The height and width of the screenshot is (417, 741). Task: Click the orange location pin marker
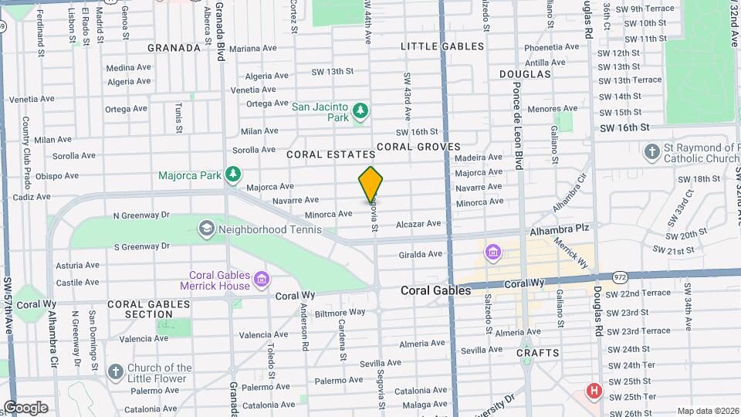(x=370, y=185)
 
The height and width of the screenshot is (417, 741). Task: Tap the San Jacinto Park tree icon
(x=360, y=114)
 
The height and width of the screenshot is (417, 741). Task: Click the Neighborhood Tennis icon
(x=206, y=229)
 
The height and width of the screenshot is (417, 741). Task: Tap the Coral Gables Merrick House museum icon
(x=262, y=279)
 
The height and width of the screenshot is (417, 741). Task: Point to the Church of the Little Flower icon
(x=116, y=373)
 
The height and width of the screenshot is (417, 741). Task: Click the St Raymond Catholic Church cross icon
(x=652, y=151)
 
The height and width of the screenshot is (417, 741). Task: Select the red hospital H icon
(x=594, y=391)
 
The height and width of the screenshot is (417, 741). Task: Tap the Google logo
(x=25, y=408)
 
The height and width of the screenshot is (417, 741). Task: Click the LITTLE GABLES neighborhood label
(x=442, y=46)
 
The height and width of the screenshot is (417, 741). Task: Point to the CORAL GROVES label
(x=418, y=147)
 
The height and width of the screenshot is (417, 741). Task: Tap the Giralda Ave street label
(x=421, y=253)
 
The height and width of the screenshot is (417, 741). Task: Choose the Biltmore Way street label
(x=339, y=312)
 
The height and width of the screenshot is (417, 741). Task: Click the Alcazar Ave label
(x=418, y=224)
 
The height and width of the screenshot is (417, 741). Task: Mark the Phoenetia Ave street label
(x=546, y=46)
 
